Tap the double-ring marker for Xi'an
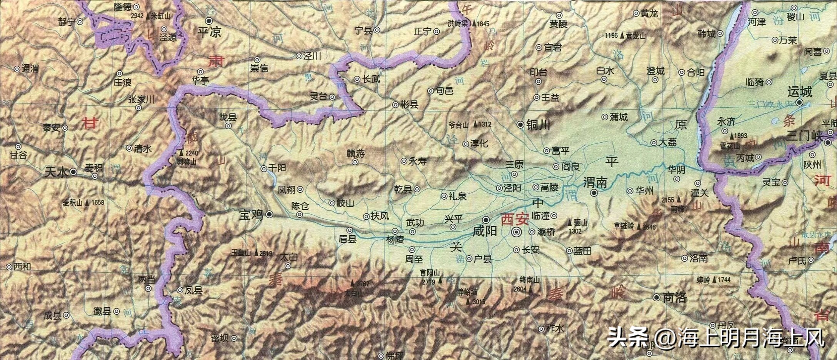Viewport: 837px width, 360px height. [x=516, y=232]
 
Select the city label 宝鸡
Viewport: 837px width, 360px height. [x=251, y=215]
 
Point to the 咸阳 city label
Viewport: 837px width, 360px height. [x=485, y=231]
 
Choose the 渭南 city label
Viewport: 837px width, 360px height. [x=595, y=182]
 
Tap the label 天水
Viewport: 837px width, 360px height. [x=57, y=172]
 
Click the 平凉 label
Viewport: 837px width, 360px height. [x=209, y=32]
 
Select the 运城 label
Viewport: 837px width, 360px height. [x=799, y=92]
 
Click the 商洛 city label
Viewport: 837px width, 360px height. [x=675, y=297]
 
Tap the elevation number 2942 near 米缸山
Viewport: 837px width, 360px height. [x=137, y=16]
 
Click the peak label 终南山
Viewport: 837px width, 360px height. [x=528, y=280]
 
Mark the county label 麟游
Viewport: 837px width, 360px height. [x=355, y=153]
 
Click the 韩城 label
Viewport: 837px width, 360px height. [x=706, y=34]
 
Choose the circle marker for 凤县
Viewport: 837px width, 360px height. [x=180, y=290]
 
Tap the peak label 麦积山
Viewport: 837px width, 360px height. [x=73, y=202]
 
